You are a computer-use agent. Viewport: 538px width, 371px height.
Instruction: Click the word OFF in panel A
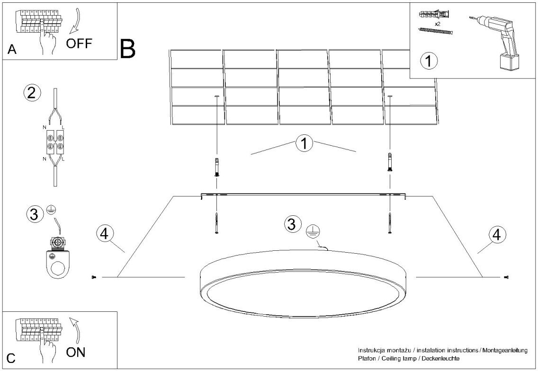(x=79, y=44)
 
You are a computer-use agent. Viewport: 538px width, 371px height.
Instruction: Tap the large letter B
(x=128, y=48)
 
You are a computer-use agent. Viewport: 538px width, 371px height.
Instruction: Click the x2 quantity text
(x=437, y=22)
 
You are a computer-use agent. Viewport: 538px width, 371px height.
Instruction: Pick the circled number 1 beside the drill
(x=429, y=61)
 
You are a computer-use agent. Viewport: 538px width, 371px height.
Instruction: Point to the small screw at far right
(x=507, y=277)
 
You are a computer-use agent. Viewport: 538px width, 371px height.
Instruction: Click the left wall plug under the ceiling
(x=217, y=167)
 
